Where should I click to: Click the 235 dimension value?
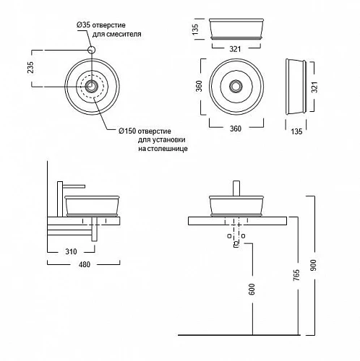click(x=30, y=67)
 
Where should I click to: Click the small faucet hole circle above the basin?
click(x=92, y=50)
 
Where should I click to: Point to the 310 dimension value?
click(x=71, y=252)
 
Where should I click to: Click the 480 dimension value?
click(x=85, y=264)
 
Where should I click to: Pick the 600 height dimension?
click(x=252, y=290)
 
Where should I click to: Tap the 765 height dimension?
click(x=296, y=275)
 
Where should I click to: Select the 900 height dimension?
click(x=313, y=265)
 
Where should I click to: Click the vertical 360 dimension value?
click(x=199, y=86)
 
